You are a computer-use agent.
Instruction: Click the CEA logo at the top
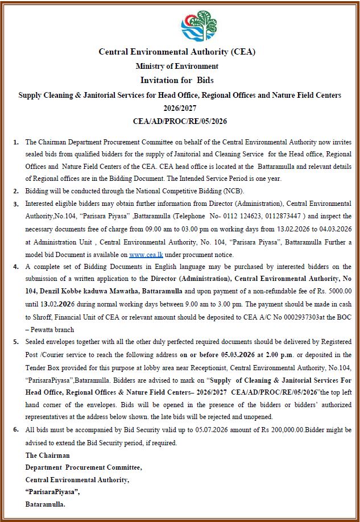point(198,26)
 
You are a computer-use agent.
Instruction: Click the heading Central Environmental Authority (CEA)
point(177,52)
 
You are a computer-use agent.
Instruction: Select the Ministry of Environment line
point(177,67)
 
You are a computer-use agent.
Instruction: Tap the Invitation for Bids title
point(177,80)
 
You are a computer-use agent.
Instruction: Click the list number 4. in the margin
point(16,266)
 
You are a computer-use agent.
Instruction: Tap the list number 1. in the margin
point(16,140)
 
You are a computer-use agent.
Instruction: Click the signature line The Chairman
point(48,455)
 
